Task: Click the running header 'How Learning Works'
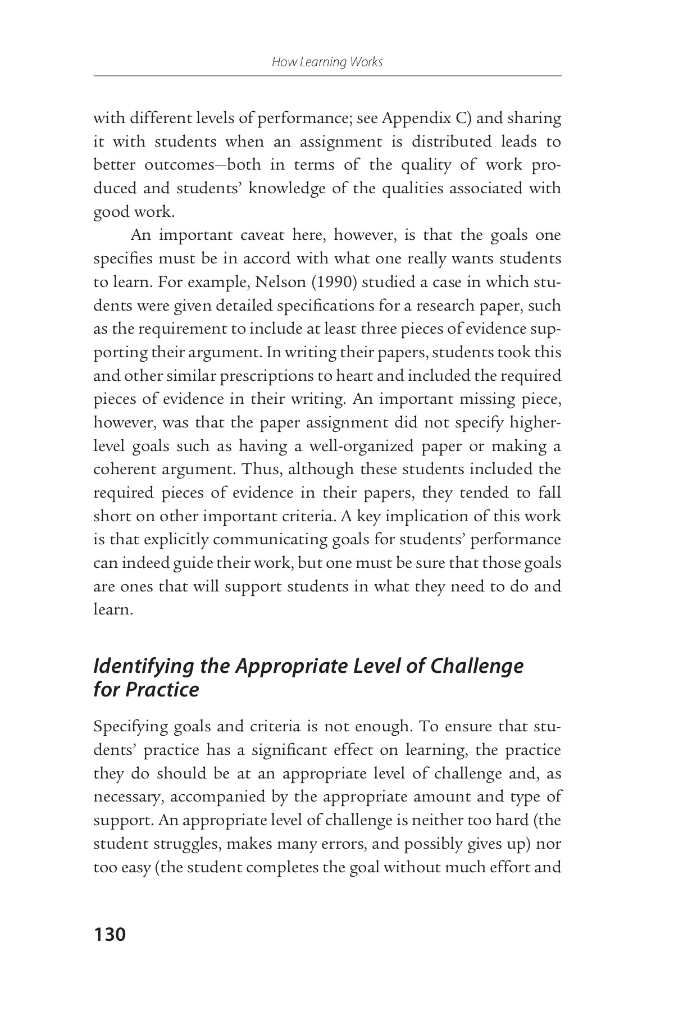(x=327, y=62)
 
